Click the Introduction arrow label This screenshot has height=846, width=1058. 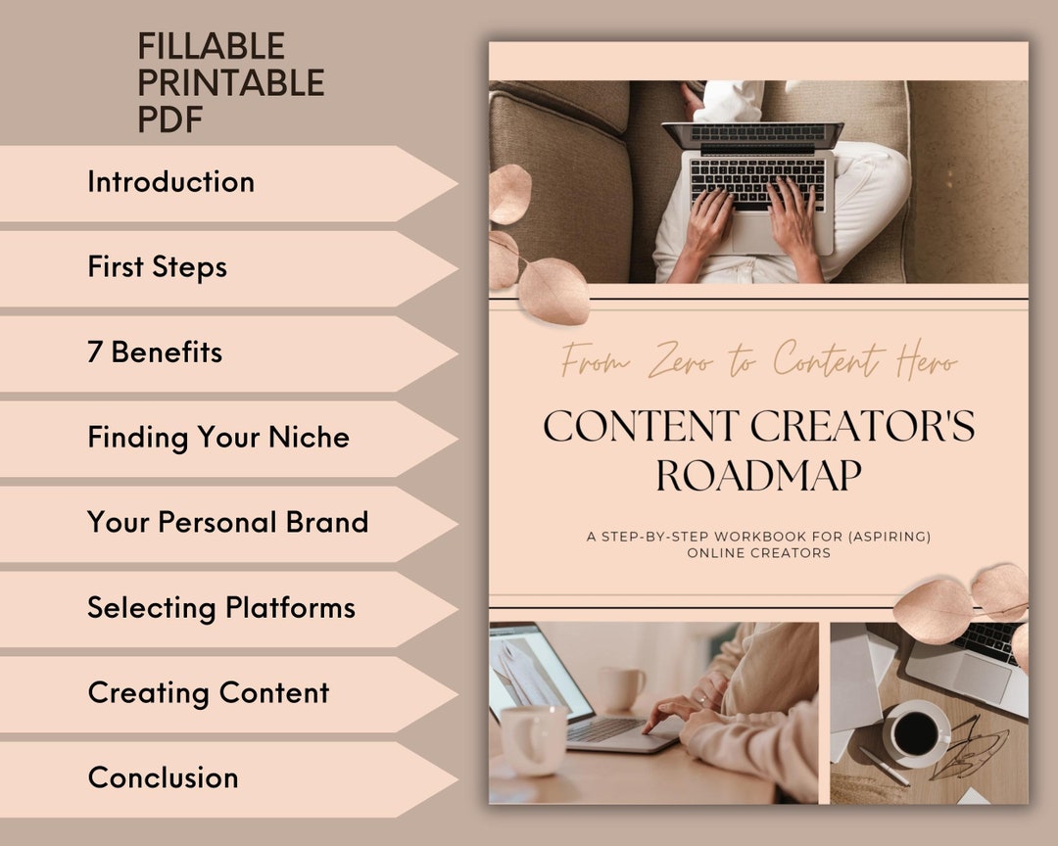170,182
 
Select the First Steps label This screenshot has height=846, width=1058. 157,267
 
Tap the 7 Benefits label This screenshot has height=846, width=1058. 155,352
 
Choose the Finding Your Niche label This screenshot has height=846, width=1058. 217,438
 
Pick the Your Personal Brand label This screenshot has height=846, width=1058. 227,522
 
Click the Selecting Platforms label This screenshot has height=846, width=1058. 220,607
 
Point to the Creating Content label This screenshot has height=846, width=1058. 208,692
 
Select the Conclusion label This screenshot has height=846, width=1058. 163,777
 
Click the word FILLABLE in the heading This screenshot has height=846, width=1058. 211,46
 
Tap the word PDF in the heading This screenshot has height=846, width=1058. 169,119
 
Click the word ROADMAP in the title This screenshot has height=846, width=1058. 758,477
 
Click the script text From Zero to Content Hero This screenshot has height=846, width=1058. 758,362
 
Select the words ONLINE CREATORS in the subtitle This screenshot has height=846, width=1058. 758,553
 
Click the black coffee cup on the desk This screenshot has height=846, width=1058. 916,731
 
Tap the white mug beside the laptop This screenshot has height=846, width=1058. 533,739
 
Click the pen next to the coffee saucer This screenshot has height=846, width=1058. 884,766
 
